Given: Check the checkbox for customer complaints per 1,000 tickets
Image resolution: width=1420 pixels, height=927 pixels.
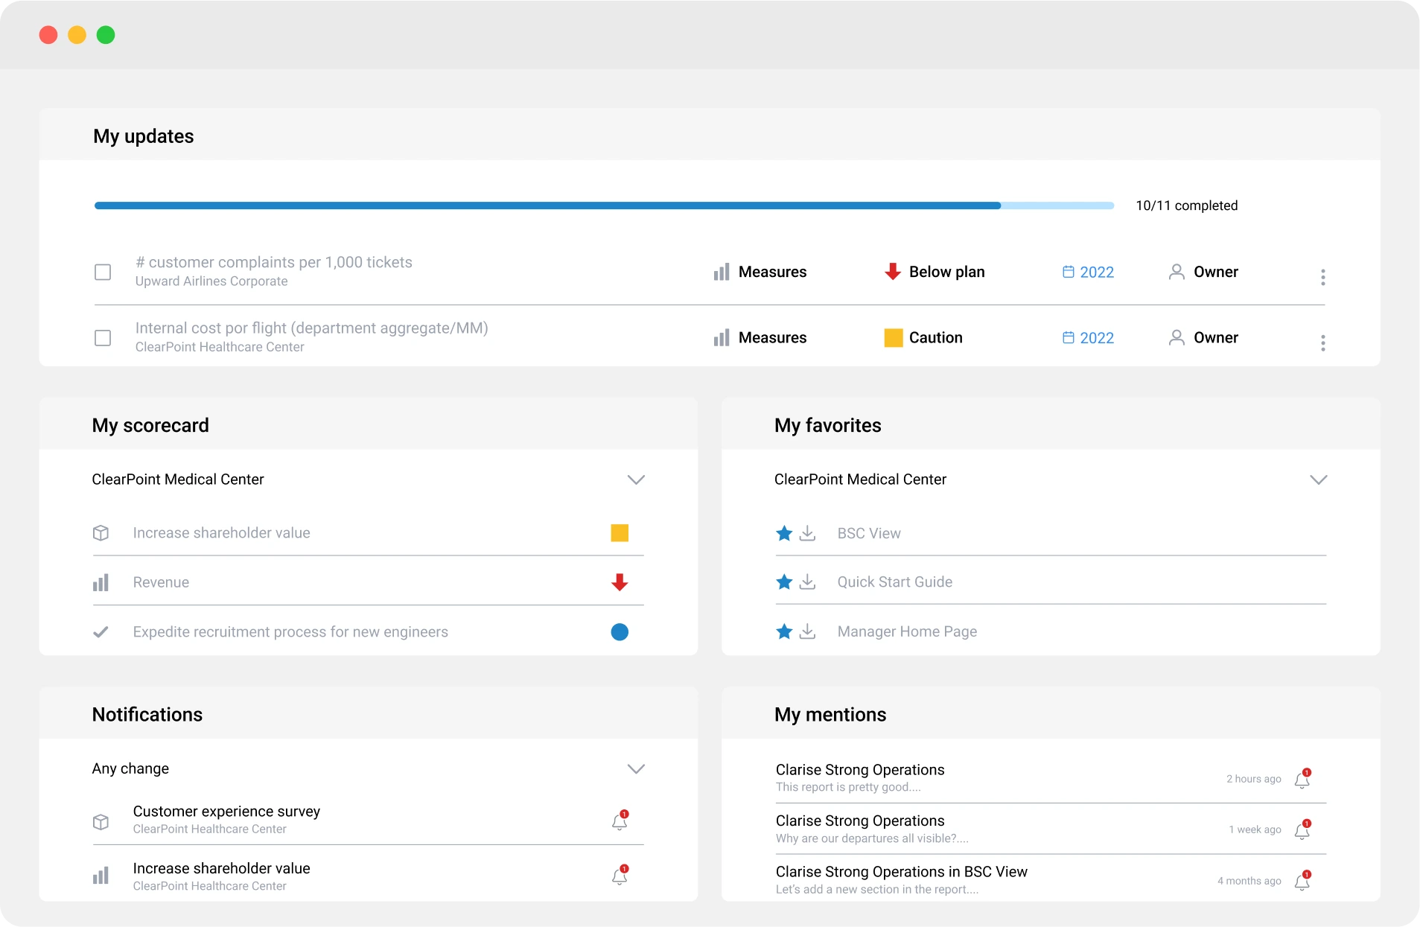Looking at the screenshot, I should pos(103,273).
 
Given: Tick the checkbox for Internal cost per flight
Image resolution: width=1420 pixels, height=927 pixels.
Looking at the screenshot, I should pos(103,338).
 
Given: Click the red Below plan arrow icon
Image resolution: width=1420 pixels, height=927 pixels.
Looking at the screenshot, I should pos(892,272).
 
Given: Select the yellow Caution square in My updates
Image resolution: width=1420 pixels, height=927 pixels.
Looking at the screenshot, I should pos(893,338).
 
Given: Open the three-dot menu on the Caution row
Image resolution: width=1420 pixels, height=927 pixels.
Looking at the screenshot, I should pos(1322,343).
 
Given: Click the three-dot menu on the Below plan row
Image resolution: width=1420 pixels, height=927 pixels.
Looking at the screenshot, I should pos(1322,277).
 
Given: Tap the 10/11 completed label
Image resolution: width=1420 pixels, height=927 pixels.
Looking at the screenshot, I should pos(1186,206).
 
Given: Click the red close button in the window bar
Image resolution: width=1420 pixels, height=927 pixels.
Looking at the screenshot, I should pos(48,35).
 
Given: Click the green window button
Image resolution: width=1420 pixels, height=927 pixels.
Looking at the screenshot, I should pos(106,35).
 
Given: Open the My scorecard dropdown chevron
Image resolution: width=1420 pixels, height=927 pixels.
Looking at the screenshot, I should pos(635,480).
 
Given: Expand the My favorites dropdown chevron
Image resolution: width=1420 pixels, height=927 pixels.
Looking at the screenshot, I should pos(1318,480).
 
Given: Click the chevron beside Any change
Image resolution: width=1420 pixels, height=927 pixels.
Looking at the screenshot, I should pos(635,768).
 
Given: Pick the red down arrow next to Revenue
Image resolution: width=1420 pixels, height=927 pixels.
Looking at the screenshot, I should pos(619,582).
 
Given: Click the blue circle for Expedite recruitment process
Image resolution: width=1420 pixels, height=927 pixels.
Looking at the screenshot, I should pos(619,632).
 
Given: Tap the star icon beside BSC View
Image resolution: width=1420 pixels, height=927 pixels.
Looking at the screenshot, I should pos(783,533).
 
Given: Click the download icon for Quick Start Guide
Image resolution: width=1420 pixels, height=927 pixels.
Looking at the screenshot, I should pos(807,582).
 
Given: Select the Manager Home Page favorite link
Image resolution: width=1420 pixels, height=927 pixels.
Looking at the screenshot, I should pos(906,632).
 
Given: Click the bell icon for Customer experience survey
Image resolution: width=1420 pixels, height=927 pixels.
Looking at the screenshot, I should pos(619,821).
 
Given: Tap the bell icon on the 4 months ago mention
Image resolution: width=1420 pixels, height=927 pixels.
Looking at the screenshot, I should pos(1302,882).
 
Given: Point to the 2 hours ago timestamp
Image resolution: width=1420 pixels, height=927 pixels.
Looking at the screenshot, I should pos(1253,779).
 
